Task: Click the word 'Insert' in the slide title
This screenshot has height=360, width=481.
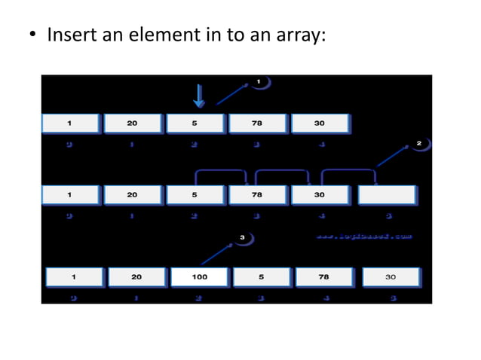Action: click(x=70, y=35)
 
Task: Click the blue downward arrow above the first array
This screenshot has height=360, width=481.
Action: click(x=199, y=96)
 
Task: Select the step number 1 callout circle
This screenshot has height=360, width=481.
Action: click(x=259, y=81)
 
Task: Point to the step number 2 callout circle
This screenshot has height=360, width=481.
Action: click(x=419, y=143)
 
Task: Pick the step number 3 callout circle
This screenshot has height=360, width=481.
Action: click(x=242, y=238)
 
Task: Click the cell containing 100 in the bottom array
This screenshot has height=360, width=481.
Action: click(x=199, y=277)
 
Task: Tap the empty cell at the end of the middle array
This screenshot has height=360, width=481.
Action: click(x=387, y=194)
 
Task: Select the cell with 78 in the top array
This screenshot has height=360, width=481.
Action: click(x=257, y=124)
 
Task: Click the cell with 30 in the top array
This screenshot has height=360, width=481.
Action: click(x=320, y=124)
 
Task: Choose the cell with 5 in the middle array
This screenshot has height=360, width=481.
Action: click(x=195, y=194)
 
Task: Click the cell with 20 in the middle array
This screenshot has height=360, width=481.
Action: click(x=132, y=194)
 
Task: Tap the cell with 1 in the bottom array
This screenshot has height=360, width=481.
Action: click(x=73, y=277)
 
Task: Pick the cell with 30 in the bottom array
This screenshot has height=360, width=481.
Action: click(x=391, y=277)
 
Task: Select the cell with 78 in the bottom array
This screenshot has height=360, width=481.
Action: click(x=323, y=277)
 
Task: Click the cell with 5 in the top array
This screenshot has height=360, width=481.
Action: click(x=195, y=124)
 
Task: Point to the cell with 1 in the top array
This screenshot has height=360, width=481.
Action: click(x=69, y=124)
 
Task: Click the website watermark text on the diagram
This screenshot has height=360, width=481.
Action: click(x=363, y=236)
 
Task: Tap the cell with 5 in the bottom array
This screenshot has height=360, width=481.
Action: click(x=261, y=277)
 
